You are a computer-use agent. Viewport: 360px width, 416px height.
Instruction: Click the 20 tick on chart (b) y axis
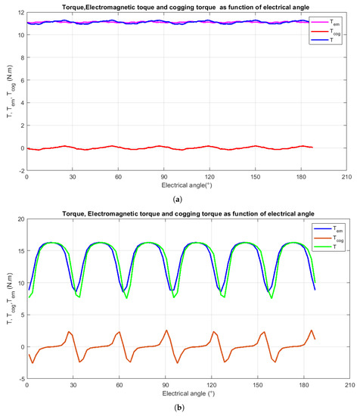[x=20, y=219]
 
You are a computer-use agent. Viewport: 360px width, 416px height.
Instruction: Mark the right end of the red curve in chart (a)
[x=312, y=147]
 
